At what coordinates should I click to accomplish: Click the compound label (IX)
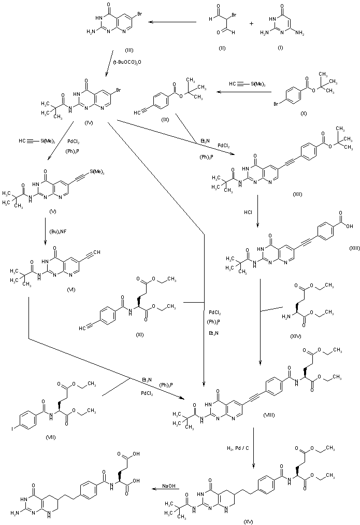coord(165,118)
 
